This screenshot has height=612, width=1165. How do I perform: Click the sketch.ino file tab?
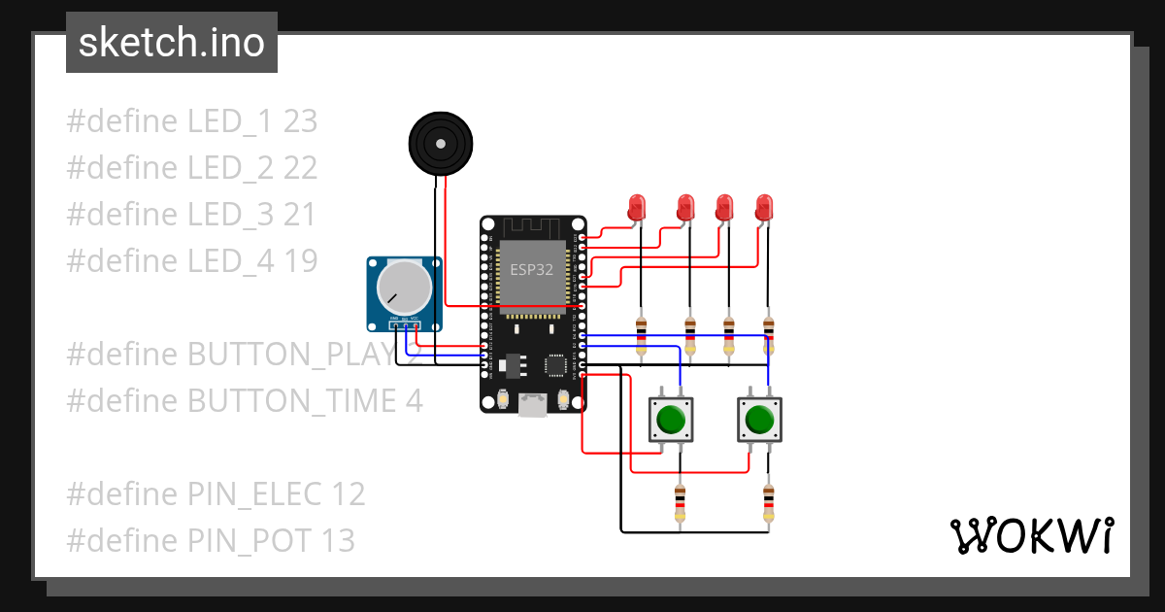click(171, 43)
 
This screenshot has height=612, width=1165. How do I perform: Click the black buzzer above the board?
click(441, 144)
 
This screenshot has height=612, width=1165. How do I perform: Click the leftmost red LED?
click(637, 207)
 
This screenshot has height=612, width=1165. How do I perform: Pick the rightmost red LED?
click(765, 207)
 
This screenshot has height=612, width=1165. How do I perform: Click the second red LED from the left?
click(685, 207)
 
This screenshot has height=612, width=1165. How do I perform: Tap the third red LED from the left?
click(724, 207)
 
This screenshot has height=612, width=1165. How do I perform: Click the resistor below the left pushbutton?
click(680, 503)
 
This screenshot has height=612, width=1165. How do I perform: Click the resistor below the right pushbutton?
click(769, 503)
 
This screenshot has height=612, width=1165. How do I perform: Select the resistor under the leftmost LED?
click(641, 335)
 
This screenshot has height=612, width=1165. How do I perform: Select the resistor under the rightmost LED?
click(769, 335)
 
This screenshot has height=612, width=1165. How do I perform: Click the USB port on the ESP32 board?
click(532, 403)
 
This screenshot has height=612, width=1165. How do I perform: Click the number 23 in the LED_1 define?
click(300, 121)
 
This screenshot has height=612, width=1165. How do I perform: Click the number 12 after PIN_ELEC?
click(348, 493)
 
